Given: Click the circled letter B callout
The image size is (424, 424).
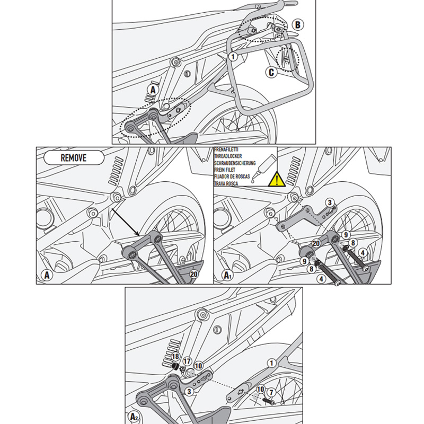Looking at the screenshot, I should [x=297, y=24].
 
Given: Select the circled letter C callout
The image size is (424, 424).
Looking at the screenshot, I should [x=271, y=73].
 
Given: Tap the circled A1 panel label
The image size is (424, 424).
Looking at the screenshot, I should [x=227, y=275].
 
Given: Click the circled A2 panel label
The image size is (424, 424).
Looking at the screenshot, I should [x=135, y=416].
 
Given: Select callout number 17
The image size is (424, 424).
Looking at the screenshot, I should [x=187, y=360].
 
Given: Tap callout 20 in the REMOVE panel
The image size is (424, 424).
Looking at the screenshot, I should [x=193, y=274].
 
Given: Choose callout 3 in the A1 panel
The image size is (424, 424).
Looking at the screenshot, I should [x=329, y=202].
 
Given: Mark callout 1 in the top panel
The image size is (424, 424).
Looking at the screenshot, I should [x=232, y=56].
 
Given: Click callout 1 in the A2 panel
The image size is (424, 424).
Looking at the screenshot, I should [x=271, y=364].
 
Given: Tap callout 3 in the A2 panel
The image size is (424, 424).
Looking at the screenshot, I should [x=188, y=391].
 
